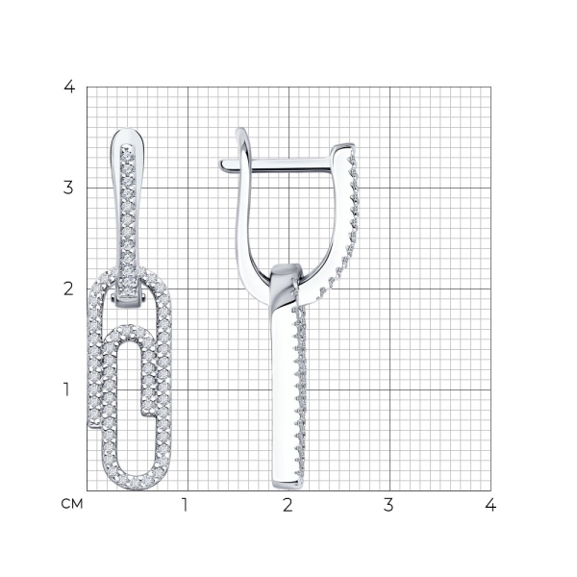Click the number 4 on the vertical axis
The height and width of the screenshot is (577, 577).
pyautogui.click(x=69, y=87)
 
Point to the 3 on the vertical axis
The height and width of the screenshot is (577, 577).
pyautogui.click(x=68, y=188)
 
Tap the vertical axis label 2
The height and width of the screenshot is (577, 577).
pyautogui.click(x=68, y=289)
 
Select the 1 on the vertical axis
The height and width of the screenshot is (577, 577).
pyautogui.click(x=66, y=389)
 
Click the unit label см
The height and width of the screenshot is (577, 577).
pyautogui.click(x=72, y=504)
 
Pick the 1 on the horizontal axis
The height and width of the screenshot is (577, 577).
pyautogui.click(x=185, y=505)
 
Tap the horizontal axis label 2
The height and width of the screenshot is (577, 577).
pyautogui.click(x=288, y=505)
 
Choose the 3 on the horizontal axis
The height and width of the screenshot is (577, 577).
pyautogui.click(x=389, y=505)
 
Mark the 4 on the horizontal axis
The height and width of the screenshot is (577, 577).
pyautogui.click(x=490, y=505)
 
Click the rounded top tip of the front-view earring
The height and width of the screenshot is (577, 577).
pyautogui.click(x=128, y=129)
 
